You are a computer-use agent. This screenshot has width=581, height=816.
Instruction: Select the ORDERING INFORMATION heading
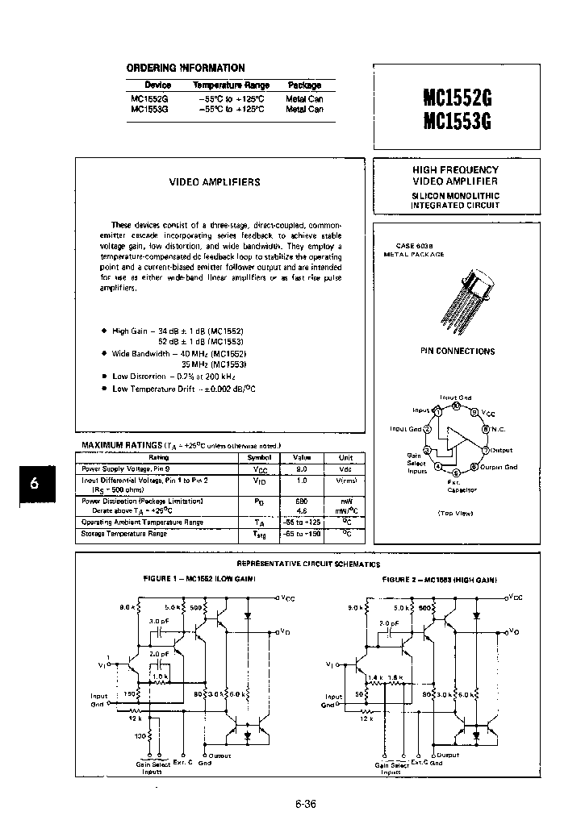(x=186, y=68)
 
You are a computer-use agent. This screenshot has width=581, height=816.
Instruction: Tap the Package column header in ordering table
(x=304, y=85)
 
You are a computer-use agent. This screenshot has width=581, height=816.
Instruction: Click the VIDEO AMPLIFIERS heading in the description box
(x=215, y=182)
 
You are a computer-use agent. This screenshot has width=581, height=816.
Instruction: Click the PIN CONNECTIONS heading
(x=458, y=352)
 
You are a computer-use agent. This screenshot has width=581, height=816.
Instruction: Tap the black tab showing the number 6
(x=33, y=484)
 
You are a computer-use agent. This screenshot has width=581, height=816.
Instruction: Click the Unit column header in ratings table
(x=345, y=457)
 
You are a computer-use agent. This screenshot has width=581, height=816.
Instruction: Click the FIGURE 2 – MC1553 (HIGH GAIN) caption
(x=439, y=580)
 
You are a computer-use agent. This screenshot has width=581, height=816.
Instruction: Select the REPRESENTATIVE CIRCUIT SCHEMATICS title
(x=307, y=564)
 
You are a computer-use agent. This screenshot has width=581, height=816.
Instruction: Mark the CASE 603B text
(x=414, y=244)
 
